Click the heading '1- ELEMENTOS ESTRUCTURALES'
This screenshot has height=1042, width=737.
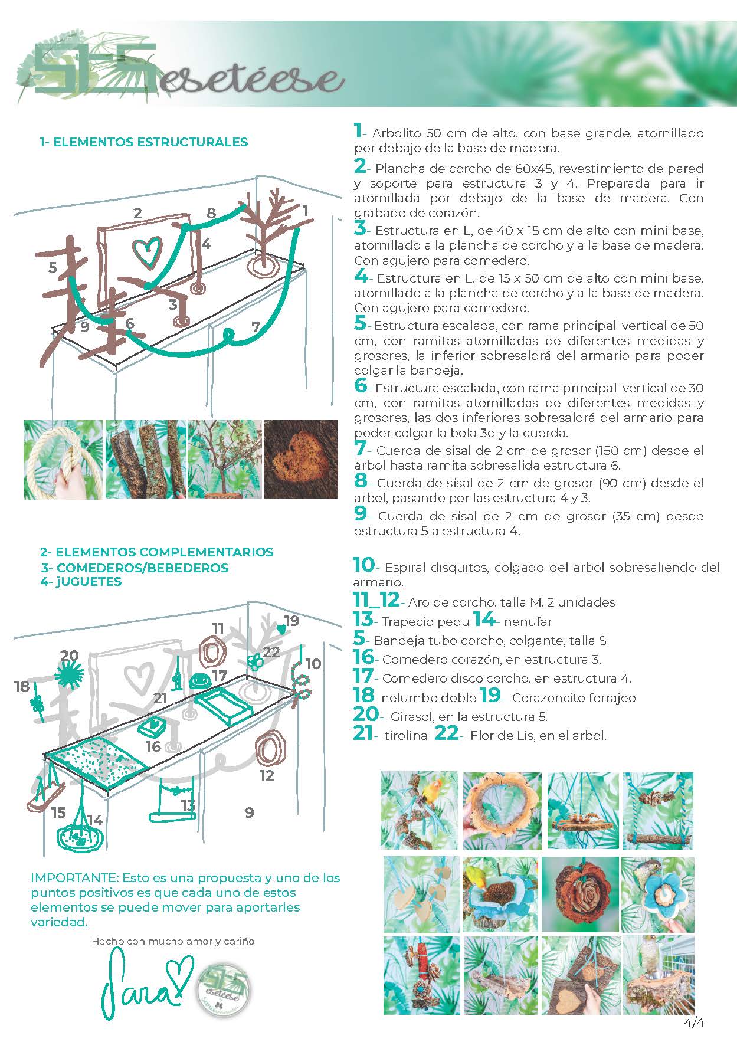click(143, 142)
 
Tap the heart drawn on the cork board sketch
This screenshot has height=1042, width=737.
click(146, 253)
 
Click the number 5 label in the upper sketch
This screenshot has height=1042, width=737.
click(53, 268)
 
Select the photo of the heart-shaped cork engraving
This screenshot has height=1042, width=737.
click(301, 459)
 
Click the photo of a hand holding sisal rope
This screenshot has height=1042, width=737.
click(63, 459)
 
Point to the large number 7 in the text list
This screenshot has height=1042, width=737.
click(360, 450)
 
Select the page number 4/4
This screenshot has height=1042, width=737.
click(695, 1023)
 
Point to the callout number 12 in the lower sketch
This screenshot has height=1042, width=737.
click(267, 775)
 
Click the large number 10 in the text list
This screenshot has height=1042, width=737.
click(363, 565)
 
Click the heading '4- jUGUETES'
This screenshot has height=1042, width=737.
click(81, 582)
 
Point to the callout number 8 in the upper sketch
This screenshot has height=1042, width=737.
click(211, 213)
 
